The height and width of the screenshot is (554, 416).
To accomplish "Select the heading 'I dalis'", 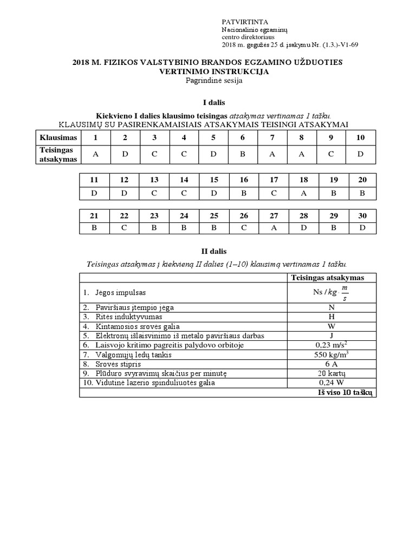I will tap(207, 103).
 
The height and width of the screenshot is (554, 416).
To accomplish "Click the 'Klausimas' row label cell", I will tap(58, 137).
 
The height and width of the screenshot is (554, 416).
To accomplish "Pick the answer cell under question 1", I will tap(96, 154).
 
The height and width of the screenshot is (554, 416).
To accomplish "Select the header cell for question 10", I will tap(360, 137).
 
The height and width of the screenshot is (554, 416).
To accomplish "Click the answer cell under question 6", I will tap(243, 154).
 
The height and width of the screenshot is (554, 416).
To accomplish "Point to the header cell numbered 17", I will tap(273, 180).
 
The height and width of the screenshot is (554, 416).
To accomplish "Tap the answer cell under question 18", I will tap(303, 192).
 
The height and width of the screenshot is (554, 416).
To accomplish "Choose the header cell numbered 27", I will tap(273, 216).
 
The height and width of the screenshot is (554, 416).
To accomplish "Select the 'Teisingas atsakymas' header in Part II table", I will tap(330, 278).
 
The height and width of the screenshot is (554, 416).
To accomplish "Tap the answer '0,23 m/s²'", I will tap(330, 344).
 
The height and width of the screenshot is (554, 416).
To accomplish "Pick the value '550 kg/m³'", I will tap(330, 354).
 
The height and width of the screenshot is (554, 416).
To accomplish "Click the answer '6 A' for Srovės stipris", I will tap(330, 364).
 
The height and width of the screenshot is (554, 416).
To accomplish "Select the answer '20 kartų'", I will tap(330, 373).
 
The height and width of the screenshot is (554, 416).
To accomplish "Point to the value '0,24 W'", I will tap(330, 383).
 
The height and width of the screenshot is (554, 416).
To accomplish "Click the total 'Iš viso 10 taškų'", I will tap(345, 392).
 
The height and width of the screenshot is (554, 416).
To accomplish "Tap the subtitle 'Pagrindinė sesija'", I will tap(207, 81).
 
